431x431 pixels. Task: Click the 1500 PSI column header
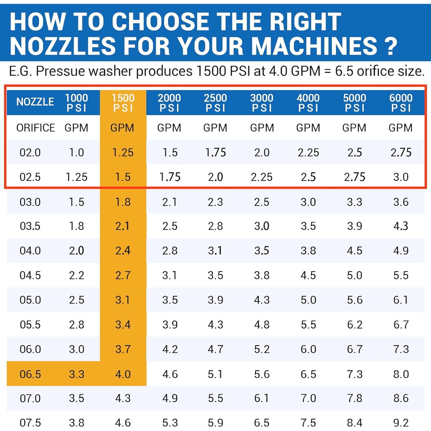pyautogui.click(x=123, y=103)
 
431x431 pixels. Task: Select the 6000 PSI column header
pyautogui.click(x=401, y=103)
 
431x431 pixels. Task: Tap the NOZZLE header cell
pyautogui.click(x=35, y=102)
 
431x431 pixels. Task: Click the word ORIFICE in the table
pyautogui.click(x=36, y=128)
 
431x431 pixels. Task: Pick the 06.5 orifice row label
pyautogui.click(x=30, y=374)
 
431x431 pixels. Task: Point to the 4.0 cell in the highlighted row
pyautogui.click(x=123, y=374)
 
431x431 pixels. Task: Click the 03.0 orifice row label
pyautogui.click(x=30, y=202)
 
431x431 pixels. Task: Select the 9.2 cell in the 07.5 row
pyautogui.click(x=401, y=423)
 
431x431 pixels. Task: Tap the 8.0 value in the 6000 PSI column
pyautogui.click(x=401, y=374)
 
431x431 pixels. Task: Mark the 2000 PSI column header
pyautogui.click(x=169, y=103)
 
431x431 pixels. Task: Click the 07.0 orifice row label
pyautogui.click(x=30, y=398)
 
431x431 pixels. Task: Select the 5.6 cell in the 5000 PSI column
pyautogui.click(x=354, y=300)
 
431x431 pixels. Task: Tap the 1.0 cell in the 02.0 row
pyautogui.click(x=77, y=153)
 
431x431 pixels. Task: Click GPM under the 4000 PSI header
pyautogui.click(x=308, y=128)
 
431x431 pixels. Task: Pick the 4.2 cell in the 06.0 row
pyautogui.click(x=170, y=349)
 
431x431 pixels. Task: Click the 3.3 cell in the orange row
pyautogui.click(x=77, y=374)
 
